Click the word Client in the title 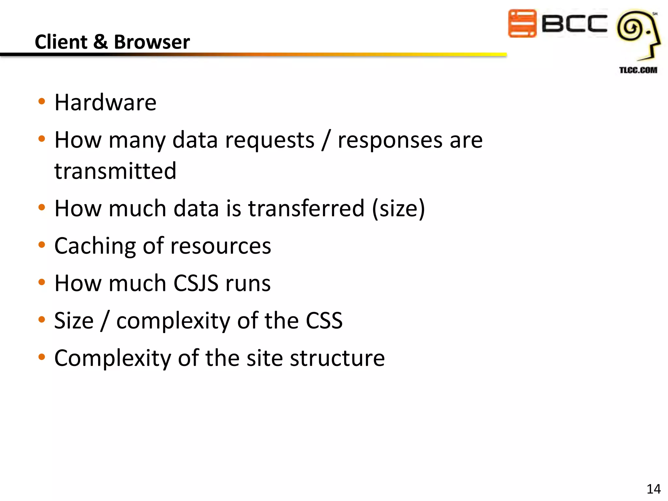61,42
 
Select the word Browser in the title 152,42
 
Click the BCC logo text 574,23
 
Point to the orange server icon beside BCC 522,23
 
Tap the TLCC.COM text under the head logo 638,70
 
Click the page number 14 653,489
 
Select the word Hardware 105,102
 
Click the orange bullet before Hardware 41,101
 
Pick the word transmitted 115,171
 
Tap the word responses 390,140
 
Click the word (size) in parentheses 399,208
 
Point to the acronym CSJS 196,283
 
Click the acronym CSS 324,321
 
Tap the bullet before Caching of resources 41,245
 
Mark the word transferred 306,208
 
